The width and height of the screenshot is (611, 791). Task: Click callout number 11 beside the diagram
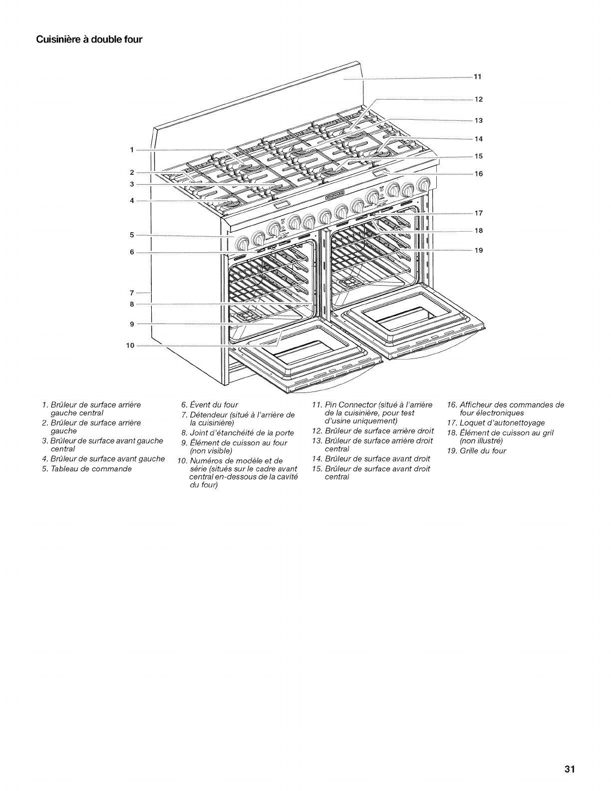[477, 77]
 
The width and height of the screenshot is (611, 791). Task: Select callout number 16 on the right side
[478, 174]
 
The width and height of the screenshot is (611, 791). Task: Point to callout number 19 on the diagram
[478, 250]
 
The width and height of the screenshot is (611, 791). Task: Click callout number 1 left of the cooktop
[132, 149]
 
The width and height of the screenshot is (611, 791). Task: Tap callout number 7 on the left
[132, 292]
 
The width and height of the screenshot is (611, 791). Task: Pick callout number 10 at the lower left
[130, 345]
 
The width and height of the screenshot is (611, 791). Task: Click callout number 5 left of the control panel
[132, 234]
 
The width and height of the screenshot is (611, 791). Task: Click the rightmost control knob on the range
[425, 185]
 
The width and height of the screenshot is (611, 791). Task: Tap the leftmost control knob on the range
[242, 244]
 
